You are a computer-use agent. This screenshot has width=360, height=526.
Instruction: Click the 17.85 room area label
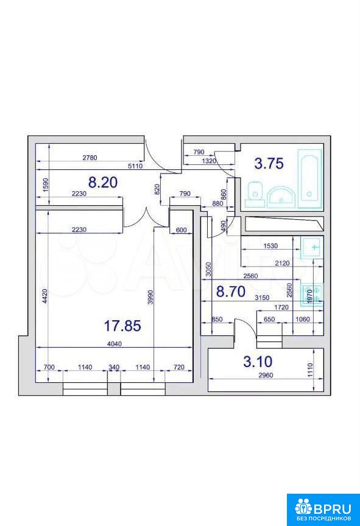click(x=122, y=325)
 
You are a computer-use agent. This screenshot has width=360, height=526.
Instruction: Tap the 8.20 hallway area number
click(x=103, y=182)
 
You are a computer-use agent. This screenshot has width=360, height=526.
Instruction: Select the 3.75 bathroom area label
click(x=269, y=163)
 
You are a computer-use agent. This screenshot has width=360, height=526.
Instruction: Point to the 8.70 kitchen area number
click(x=230, y=292)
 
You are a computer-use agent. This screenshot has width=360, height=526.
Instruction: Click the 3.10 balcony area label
click(x=258, y=361)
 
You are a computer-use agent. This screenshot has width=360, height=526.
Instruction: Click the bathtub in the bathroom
click(x=309, y=178)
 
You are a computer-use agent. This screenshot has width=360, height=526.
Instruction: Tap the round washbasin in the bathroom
click(x=281, y=197)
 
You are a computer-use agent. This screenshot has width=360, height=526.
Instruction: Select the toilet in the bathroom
click(x=255, y=195)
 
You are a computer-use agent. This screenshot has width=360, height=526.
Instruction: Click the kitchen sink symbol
click(x=312, y=248)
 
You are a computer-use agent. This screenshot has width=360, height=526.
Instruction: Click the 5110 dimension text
click(x=136, y=166)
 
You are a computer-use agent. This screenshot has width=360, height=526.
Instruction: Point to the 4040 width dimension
click(x=115, y=344)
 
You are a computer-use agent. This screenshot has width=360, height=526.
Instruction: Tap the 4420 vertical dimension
click(x=46, y=296)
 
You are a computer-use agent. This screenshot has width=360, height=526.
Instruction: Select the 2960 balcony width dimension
click(x=266, y=375)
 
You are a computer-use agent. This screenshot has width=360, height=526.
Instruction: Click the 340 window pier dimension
click(x=114, y=367)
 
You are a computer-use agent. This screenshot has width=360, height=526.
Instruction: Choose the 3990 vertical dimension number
click(x=150, y=297)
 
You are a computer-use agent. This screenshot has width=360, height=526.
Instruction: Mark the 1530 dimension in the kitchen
click(x=270, y=246)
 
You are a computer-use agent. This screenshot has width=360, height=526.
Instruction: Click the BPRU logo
click(x=323, y=510)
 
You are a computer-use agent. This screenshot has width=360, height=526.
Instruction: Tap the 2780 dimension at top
click(x=90, y=157)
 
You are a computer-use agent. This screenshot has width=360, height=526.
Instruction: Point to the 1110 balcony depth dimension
click(x=310, y=370)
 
